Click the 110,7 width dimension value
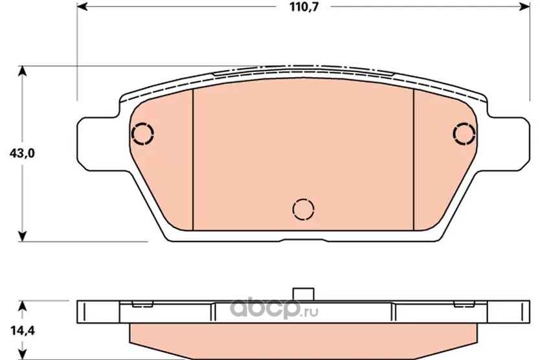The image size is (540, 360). [x=304, y=7]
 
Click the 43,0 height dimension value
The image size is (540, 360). [x=22, y=153]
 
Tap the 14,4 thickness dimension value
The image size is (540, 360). [x=23, y=331]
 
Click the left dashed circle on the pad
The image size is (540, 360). [x=142, y=133]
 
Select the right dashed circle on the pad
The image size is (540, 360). [x=464, y=133]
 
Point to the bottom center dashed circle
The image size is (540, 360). [x=304, y=209]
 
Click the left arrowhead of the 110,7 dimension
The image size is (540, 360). [x=82, y=6]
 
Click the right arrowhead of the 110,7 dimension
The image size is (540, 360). [x=524, y=6]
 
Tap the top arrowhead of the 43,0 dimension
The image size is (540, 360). [x=22, y=71]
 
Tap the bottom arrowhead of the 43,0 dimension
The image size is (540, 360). [x=22, y=236]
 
